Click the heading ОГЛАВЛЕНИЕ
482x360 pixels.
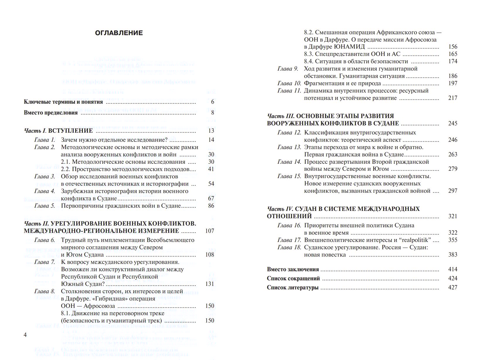click(119, 33)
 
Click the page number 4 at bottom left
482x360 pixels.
click(25, 335)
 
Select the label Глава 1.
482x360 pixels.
click(45, 140)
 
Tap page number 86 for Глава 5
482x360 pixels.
click(211, 206)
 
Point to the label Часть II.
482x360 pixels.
click(36, 224)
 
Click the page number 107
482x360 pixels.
click(210, 231)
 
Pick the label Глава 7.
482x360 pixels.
click(45, 262)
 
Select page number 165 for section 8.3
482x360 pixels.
click(452, 54)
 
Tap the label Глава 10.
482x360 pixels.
click(289, 83)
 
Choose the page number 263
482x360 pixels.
click(452, 155)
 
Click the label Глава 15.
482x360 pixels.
click(289, 176)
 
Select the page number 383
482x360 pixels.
click(452, 255)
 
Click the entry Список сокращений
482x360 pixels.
click(293, 279)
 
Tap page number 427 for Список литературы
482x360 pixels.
click(452, 288)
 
